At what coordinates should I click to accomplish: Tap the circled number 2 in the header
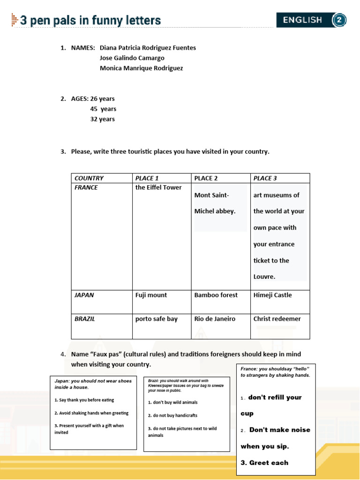[x=339, y=20]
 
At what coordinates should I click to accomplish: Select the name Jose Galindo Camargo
[x=132, y=58]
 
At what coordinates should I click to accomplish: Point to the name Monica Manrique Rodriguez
[x=141, y=68]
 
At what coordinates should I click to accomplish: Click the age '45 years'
[x=103, y=109]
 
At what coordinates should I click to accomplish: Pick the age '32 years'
[x=102, y=119]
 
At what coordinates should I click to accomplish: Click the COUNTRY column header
[x=89, y=178]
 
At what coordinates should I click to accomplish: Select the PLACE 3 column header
[x=265, y=178]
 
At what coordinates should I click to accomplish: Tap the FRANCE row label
[x=86, y=187]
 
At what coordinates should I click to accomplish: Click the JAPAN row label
[x=84, y=295]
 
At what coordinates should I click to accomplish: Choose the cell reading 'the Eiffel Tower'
[x=158, y=187]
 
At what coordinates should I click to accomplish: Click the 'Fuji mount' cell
[x=151, y=295]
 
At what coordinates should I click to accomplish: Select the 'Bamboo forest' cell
[x=216, y=295]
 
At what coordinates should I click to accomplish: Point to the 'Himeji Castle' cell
[x=272, y=295]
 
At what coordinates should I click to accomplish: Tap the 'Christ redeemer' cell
[x=277, y=319]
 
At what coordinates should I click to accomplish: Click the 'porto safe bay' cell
[x=157, y=319]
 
